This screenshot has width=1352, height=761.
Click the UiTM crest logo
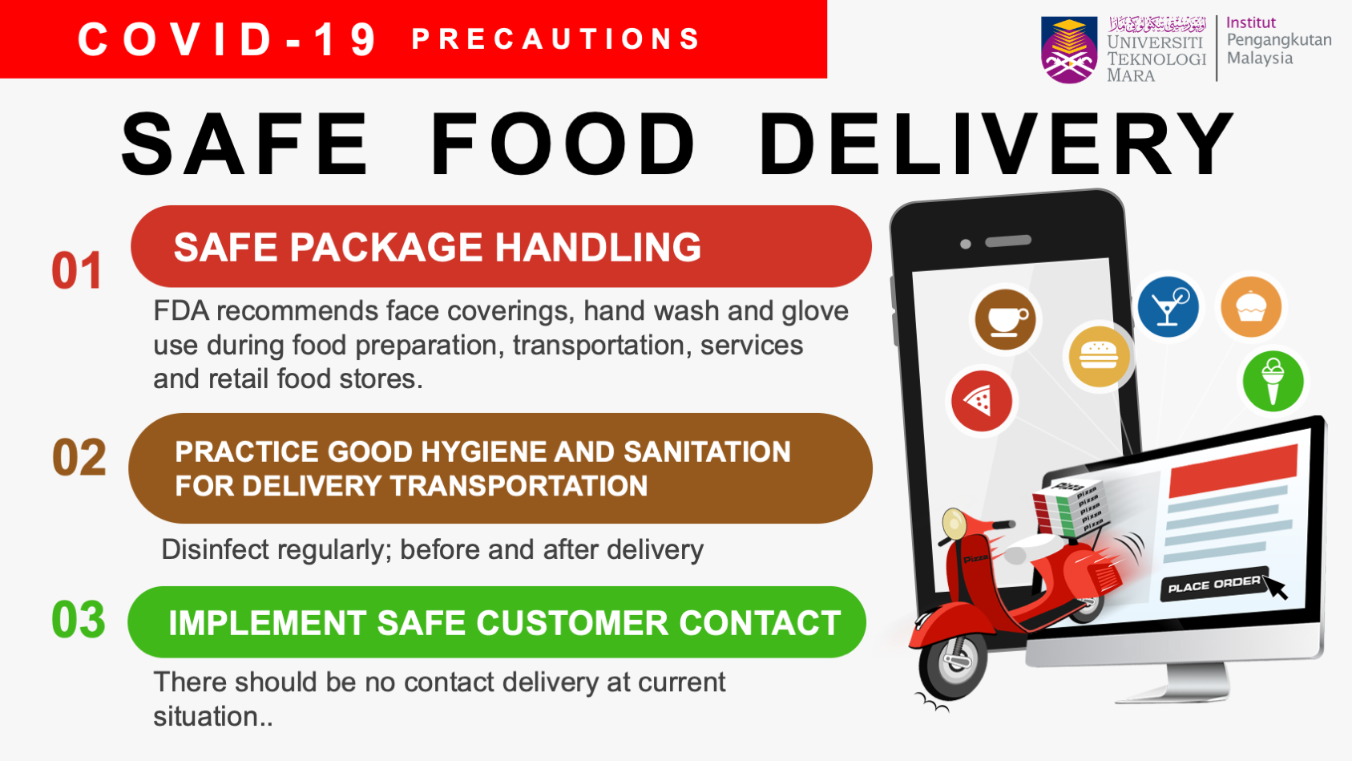1069,50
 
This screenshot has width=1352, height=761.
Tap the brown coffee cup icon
1005,319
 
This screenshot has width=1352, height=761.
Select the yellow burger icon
1099,356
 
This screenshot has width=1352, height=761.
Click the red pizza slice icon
982,400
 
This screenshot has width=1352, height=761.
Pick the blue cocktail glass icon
1168,307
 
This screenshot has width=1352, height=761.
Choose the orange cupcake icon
1251,307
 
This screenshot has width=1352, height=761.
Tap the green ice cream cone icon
1273,381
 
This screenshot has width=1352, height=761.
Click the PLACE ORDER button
1214,584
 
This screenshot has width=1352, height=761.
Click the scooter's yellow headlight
954,523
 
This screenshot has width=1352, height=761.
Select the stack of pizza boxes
1068,508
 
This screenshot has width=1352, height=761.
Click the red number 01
76,270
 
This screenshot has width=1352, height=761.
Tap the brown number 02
79,458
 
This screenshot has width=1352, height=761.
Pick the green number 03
79,620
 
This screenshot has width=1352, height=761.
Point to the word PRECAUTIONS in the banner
555,39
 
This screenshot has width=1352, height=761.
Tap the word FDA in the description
181,311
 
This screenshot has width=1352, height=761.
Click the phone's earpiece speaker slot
1008,241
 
